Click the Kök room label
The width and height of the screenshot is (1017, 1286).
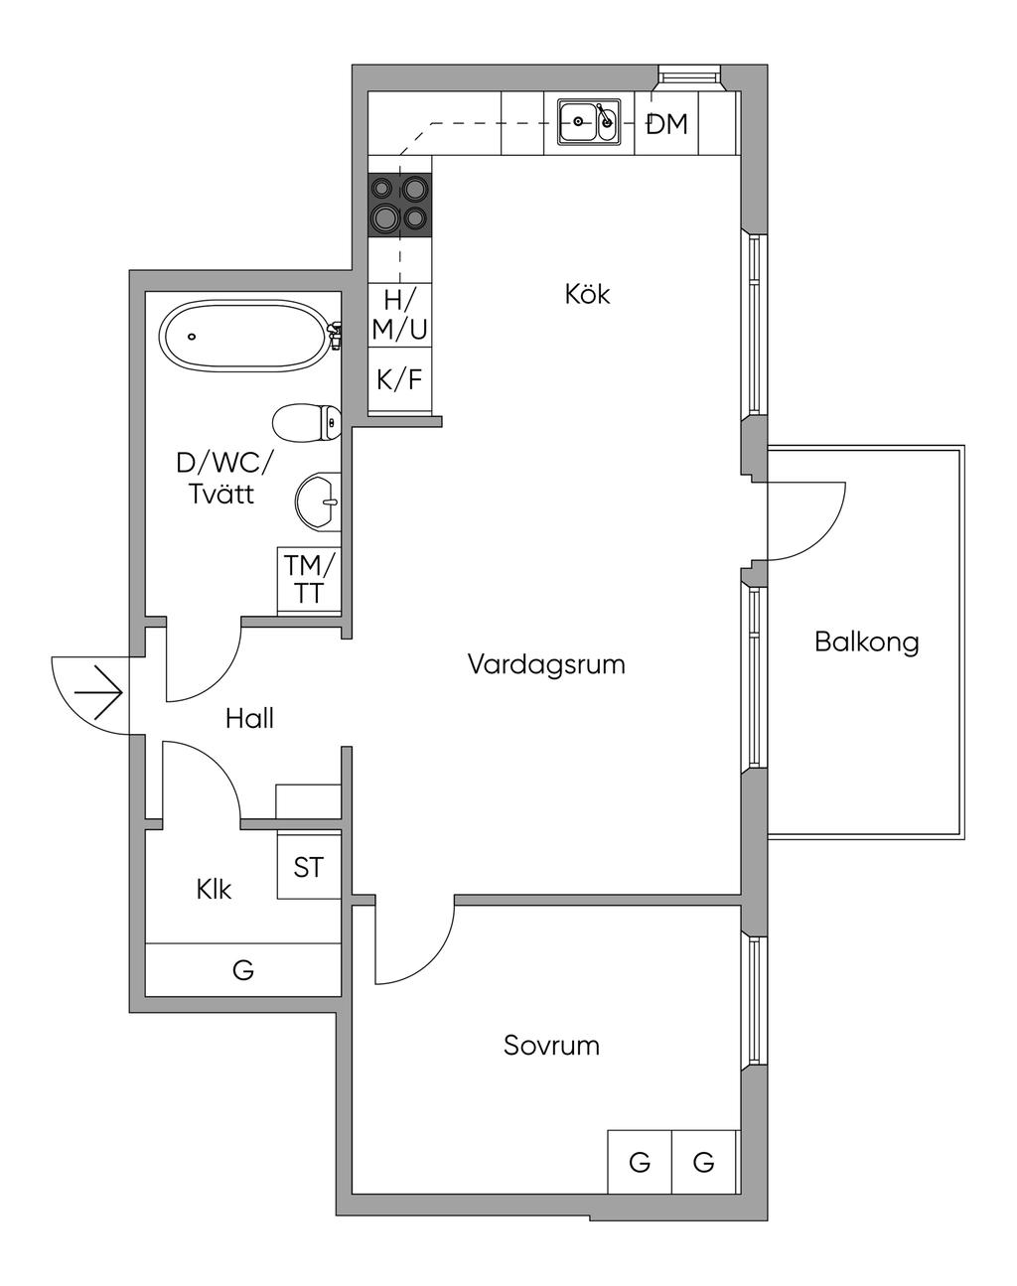pos(587,294)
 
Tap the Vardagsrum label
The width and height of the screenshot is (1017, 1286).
pos(546,664)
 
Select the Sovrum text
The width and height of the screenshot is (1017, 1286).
pos(551,1046)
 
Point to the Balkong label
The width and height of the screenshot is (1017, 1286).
pos(866,642)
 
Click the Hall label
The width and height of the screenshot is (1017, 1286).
pos(249,718)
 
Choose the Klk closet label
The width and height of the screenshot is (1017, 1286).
pos(214,890)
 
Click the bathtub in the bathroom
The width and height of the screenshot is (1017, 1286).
pos(244,337)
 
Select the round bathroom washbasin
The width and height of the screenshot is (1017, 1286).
pos(319,500)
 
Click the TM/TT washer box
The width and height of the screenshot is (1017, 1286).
pos(309,580)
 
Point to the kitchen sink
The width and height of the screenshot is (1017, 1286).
pos(588,122)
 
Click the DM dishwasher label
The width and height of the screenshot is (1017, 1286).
pos(666,124)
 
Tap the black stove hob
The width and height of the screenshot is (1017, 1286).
pos(400,204)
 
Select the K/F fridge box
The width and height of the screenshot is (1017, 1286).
pos(400,379)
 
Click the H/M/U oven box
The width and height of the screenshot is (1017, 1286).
pos(400,314)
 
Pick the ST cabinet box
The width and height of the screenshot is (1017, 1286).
pos(308,867)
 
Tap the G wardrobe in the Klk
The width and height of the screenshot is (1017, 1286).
pos(243,969)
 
